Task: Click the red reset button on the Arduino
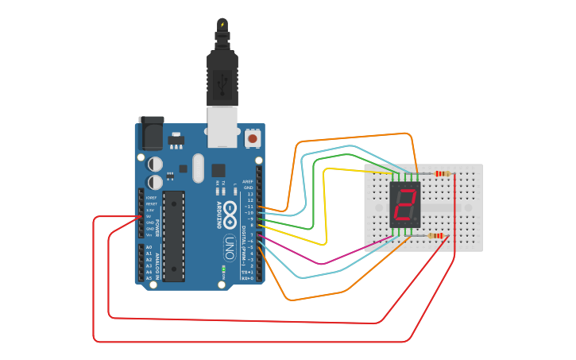point(253,138)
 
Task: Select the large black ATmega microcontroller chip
point(174,236)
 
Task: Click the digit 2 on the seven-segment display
point(405,204)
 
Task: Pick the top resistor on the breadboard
point(442,173)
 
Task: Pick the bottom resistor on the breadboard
point(436,235)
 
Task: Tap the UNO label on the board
point(229,246)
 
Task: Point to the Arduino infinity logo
point(230,212)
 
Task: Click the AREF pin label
point(248,181)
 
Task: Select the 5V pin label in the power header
point(149,216)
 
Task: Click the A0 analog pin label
point(149,248)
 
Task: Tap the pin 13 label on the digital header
point(249,194)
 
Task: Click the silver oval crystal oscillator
point(198,168)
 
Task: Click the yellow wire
point(326,207)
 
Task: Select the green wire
point(313,191)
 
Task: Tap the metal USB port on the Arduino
point(222,128)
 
